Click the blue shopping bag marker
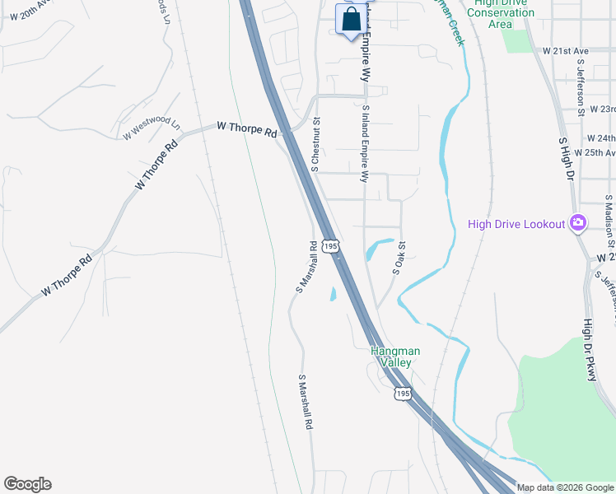[x=351, y=20]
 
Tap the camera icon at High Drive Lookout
[x=577, y=223]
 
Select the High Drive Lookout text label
[x=516, y=224]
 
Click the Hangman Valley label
[x=395, y=357]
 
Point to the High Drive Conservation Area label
[x=500, y=13]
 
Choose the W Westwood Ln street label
[x=152, y=128]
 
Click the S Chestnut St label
[x=315, y=144]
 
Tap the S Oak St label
[x=399, y=258]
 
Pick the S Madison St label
[x=609, y=220]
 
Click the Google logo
[x=27, y=484]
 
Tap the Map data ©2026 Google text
[x=564, y=487]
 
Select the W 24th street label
[x=600, y=138]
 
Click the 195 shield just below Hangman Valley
[x=401, y=394]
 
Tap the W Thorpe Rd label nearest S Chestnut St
[x=247, y=129]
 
